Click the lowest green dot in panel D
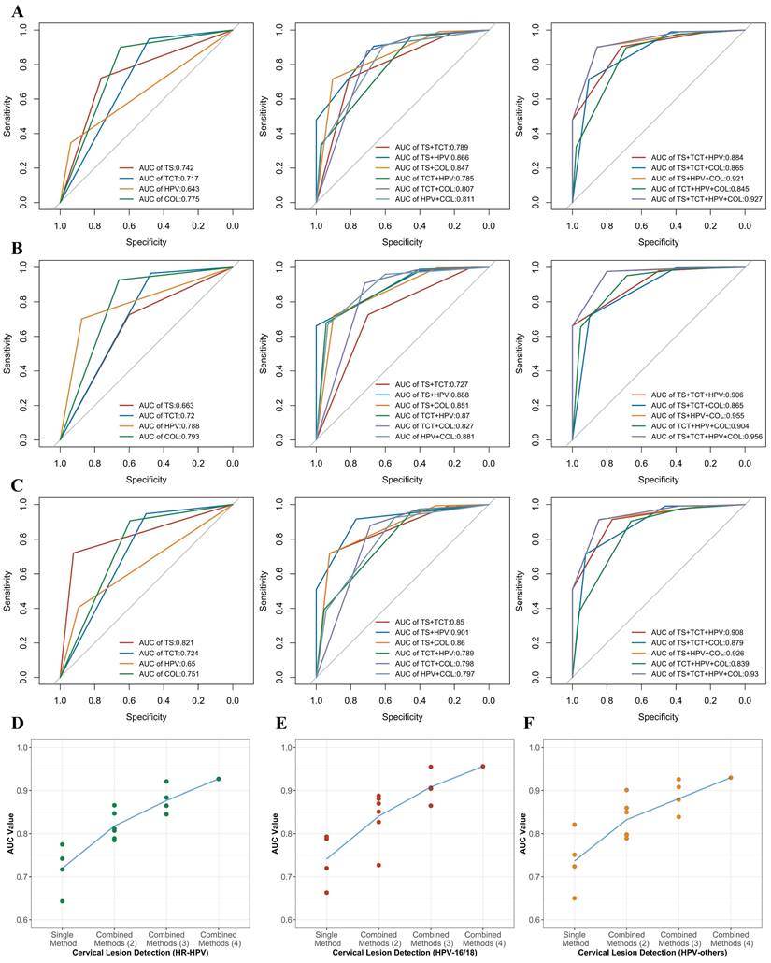(x=62, y=901)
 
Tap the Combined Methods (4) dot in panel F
(x=731, y=778)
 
